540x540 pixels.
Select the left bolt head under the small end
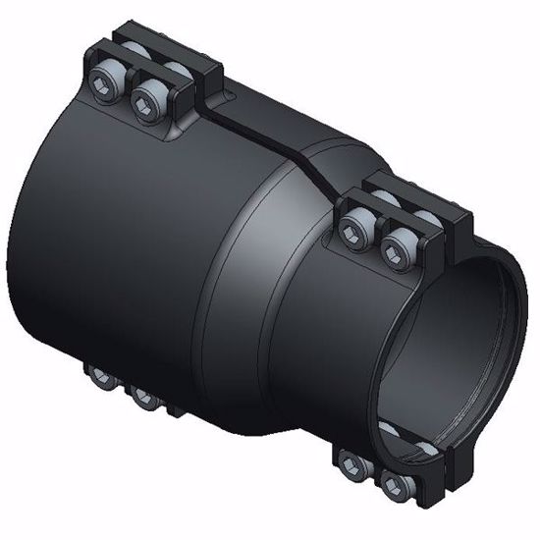(x=351, y=460)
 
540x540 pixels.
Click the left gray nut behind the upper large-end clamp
(x=137, y=53)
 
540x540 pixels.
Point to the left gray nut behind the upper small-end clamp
(x=383, y=199)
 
